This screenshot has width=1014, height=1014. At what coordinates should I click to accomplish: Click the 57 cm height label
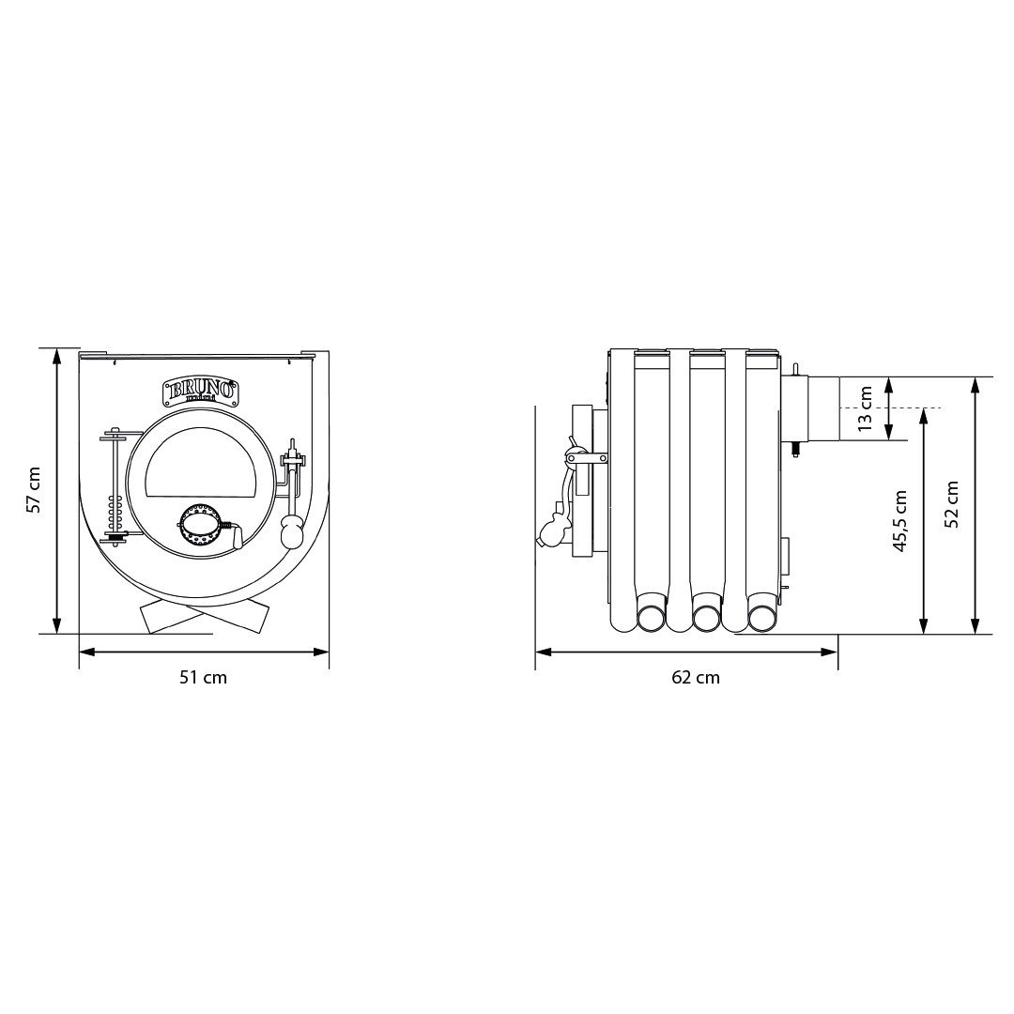[34, 490]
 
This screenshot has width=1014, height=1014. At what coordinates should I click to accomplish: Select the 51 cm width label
[204, 677]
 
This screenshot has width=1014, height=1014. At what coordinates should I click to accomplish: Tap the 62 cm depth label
[696, 677]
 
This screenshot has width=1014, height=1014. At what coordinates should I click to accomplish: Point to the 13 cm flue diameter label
[866, 408]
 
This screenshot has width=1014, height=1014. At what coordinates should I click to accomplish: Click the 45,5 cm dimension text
[900, 521]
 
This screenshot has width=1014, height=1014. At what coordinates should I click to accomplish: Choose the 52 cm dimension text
[953, 504]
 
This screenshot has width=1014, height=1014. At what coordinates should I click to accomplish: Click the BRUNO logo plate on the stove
[200, 390]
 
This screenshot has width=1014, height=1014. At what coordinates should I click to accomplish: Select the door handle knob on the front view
[291, 533]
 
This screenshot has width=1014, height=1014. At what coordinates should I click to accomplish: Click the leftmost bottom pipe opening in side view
[650, 617]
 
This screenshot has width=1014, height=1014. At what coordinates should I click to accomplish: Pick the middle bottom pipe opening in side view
[706, 617]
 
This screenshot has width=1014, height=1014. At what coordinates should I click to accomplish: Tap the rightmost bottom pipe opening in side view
[761, 617]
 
